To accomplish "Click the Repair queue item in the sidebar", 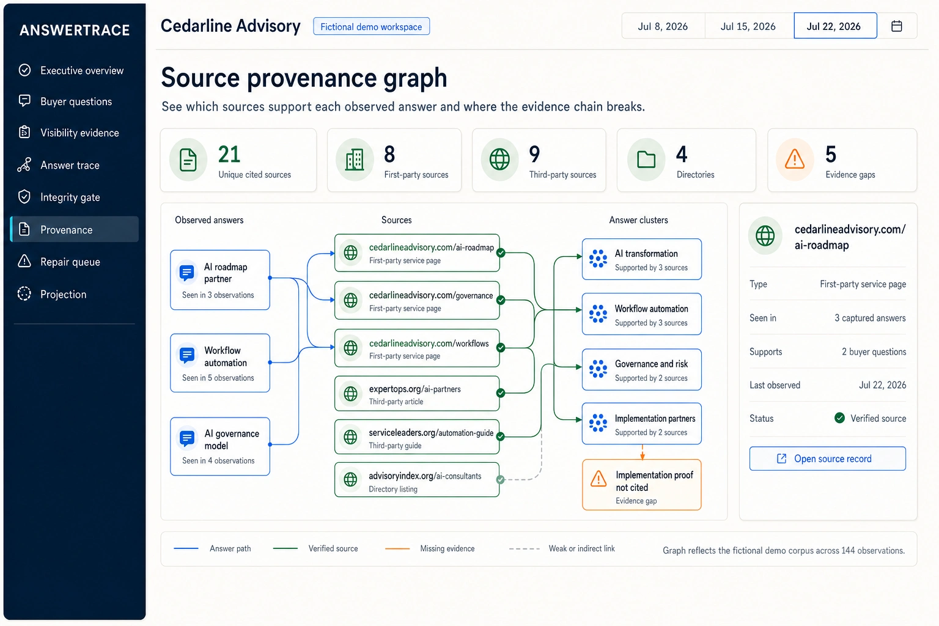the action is tap(70, 262).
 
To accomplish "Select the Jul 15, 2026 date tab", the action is tap(748, 26).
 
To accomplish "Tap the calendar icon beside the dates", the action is tap(897, 26).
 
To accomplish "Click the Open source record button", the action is tap(828, 458).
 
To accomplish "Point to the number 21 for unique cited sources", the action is tap(229, 154).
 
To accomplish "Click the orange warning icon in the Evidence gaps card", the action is tap(794, 160).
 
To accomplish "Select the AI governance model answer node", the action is tap(220, 446).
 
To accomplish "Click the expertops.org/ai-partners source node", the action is tap(417, 393).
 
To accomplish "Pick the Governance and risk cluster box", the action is tap(641, 369).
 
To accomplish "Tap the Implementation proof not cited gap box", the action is tap(641, 485).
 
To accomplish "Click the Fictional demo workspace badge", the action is tap(371, 26).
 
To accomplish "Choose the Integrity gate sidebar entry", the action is tap(70, 197).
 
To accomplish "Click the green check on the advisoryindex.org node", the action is tap(500, 480).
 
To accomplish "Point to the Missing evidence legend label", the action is tap(447, 548).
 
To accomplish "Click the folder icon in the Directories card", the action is tap(646, 160).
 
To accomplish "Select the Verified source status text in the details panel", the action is tap(878, 418).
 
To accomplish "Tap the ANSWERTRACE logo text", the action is tap(75, 30).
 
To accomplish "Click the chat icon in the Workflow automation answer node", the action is tap(187, 355).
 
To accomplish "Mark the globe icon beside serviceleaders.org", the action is tap(350, 437).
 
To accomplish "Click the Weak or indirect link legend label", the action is tap(581, 548).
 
